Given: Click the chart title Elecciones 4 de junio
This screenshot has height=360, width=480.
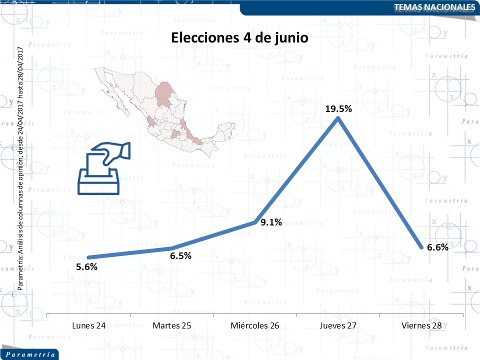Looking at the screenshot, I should tap(239, 38).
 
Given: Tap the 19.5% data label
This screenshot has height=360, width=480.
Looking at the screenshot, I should tap(338, 108).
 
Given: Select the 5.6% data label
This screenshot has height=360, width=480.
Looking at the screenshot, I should tap(86, 267).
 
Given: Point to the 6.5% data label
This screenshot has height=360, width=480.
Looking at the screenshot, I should tap(180, 256).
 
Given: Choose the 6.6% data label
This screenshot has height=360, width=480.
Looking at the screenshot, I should tap(437, 247).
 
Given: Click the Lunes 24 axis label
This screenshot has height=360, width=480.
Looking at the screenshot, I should tap(88, 325).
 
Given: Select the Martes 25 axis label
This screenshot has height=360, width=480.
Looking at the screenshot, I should tap(172, 325).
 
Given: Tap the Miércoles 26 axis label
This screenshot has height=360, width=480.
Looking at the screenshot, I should tap(255, 325).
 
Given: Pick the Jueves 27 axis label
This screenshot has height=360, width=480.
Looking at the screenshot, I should tap(338, 325).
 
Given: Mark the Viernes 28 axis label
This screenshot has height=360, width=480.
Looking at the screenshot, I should tap(421, 325).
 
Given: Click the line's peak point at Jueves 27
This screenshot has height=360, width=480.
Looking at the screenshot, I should tap(338, 119).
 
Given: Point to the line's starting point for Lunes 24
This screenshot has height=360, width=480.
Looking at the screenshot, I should tap(88, 258).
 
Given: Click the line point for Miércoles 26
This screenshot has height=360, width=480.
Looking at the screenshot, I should tap(255, 222).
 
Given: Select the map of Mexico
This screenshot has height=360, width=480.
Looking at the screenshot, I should tap(160, 110).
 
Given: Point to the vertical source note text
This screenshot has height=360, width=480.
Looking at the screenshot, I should tap(20, 167).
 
